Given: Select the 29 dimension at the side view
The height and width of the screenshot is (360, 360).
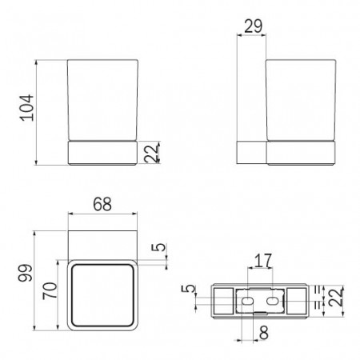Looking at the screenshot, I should pos(254,27).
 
